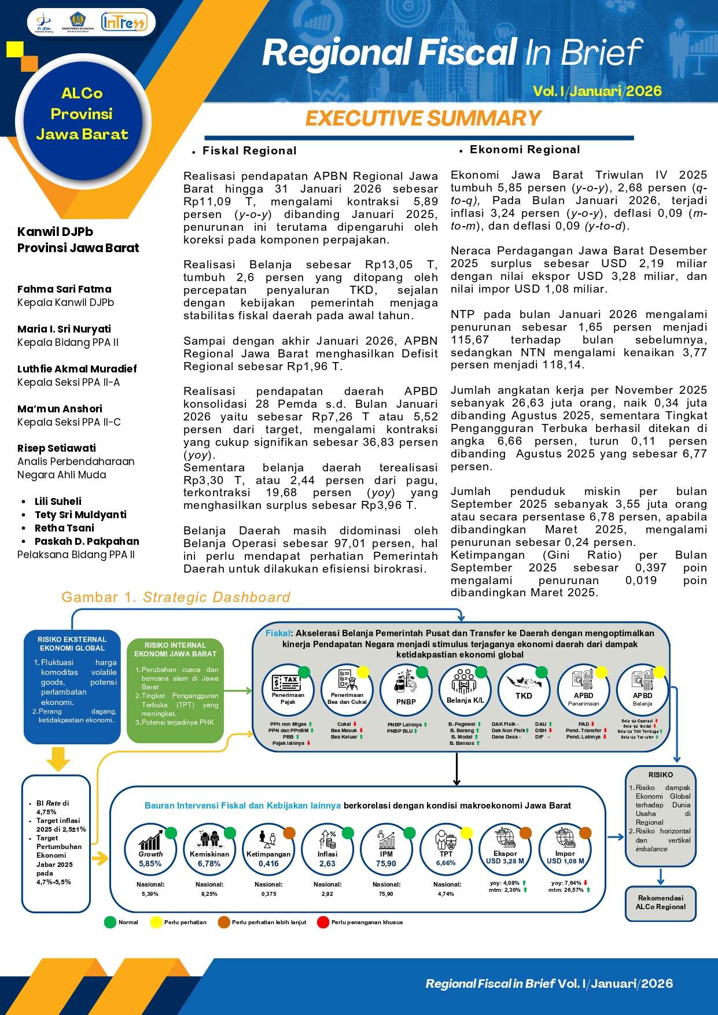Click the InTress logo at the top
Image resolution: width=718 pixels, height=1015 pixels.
(x=124, y=23)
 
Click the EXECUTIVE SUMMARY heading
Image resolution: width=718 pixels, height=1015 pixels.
(x=423, y=118)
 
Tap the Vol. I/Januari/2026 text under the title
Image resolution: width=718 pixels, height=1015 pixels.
(x=597, y=91)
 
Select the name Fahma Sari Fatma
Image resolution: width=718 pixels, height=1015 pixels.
(x=64, y=289)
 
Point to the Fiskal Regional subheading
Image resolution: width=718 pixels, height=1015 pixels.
(x=249, y=151)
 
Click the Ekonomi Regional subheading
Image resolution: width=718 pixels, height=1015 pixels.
(x=524, y=150)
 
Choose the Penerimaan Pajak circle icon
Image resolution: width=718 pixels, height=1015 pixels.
(x=288, y=690)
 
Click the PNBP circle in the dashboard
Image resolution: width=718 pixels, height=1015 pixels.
(x=406, y=690)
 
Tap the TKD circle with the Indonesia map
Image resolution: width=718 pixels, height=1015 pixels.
(x=524, y=690)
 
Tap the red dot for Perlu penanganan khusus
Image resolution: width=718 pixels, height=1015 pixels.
(x=323, y=922)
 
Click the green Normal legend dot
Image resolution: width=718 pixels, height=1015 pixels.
(x=110, y=922)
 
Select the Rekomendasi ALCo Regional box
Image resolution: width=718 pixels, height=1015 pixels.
(x=660, y=902)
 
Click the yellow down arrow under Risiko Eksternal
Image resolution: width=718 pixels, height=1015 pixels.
(x=58, y=758)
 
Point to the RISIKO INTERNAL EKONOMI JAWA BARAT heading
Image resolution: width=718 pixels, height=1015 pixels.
(x=175, y=649)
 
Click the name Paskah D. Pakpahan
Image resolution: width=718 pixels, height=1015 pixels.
(x=87, y=541)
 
